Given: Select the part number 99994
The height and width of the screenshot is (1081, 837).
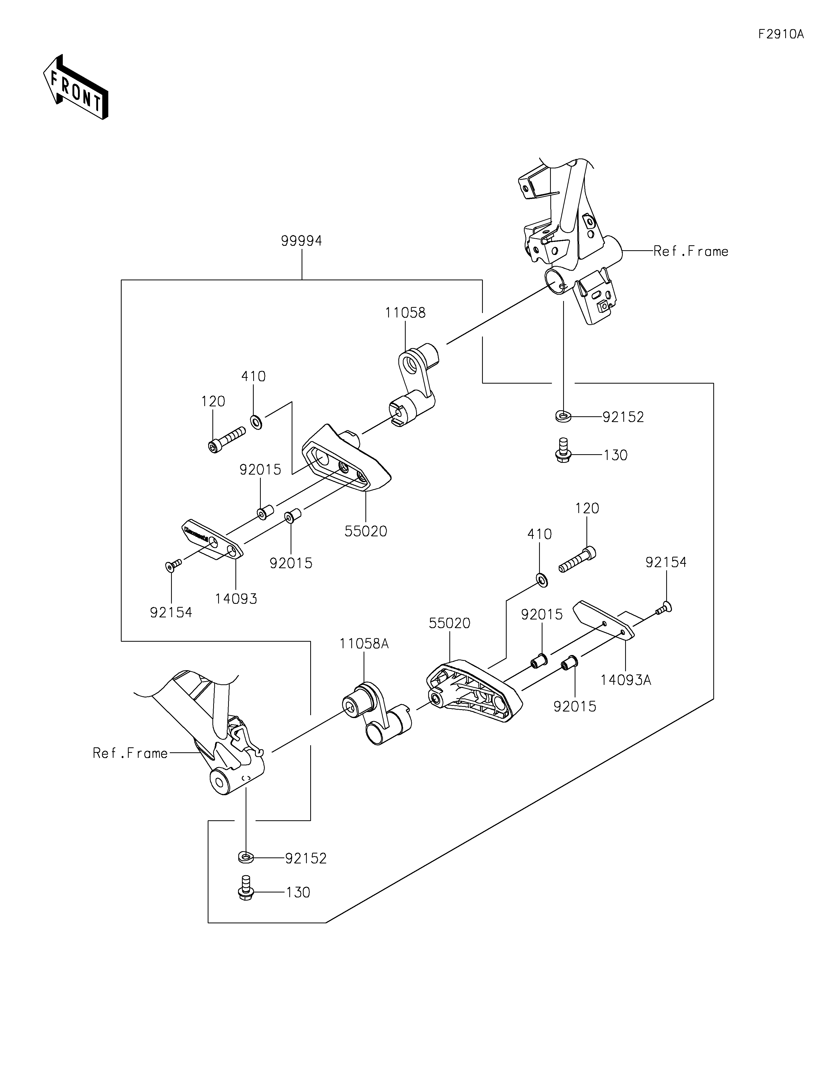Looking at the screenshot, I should point(301,241).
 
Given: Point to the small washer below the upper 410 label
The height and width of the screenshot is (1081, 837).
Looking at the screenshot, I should point(256,422).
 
